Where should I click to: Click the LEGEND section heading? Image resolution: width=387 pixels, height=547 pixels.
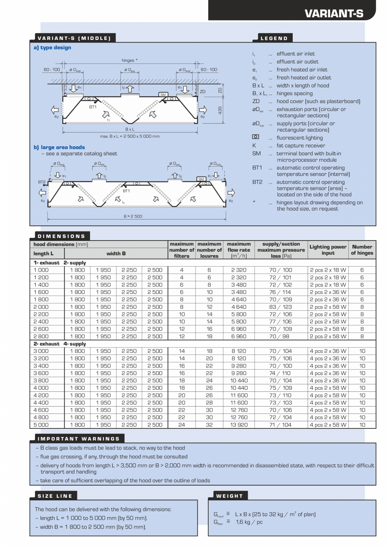point(274,38)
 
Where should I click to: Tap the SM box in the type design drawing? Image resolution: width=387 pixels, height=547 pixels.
point(163,95)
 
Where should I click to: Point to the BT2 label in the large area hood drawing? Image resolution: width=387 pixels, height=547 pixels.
point(42,182)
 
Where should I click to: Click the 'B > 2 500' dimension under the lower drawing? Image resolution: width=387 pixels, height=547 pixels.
point(133,216)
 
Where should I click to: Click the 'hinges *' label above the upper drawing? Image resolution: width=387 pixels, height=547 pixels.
point(130,60)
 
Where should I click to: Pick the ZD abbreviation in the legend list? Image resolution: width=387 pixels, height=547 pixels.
point(256,101)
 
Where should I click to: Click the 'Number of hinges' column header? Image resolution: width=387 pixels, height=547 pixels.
point(362,250)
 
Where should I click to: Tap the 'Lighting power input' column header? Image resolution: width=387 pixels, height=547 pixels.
point(328,250)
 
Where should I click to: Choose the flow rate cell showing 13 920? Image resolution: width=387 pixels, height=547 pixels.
point(239,425)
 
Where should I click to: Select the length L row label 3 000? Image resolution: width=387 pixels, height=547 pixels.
point(41,351)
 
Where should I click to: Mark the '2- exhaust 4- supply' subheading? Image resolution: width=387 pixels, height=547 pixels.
point(60,344)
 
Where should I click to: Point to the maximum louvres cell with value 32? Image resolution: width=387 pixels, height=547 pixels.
point(209,425)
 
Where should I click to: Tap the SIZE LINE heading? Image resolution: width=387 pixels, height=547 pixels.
point(55,496)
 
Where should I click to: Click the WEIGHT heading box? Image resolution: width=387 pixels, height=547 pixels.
point(229,496)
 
